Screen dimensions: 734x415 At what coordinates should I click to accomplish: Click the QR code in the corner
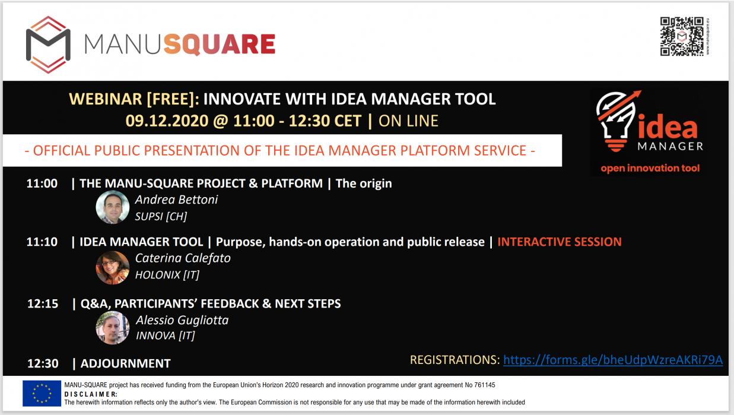(x=682, y=36)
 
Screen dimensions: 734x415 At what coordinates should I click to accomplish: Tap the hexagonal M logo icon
(x=48, y=45)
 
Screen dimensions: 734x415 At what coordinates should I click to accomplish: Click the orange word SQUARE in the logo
(x=220, y=45)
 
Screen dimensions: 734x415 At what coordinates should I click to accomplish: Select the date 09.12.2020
(x=167, y=121)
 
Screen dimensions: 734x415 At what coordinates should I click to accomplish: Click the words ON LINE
(x=408, y=121)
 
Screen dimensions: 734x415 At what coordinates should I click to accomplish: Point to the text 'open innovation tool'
(x=650, y=168)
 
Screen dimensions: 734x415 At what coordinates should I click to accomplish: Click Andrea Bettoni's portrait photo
(x=112, y=207)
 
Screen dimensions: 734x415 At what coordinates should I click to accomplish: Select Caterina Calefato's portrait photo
(x=112, y=268)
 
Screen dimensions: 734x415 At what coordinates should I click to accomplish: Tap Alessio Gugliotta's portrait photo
(x=112, y=328)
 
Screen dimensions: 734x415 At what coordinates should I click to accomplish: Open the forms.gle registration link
(x=613, y=360)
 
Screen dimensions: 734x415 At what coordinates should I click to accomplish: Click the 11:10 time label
(x=42, y=242)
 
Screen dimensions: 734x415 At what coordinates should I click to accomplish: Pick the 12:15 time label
(x=43, y=303)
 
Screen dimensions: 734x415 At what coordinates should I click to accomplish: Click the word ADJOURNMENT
(x=126, y=363)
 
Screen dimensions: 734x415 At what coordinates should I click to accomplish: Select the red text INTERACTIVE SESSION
(x=560, y=242)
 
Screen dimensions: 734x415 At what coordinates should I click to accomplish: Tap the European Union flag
(x=42, y=394)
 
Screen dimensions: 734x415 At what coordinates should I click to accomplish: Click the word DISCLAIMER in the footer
(x=91, y=394)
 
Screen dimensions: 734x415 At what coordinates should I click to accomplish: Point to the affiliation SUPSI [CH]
(x=161, y=216)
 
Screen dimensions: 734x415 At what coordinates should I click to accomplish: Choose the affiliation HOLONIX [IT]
(x=167, y=275)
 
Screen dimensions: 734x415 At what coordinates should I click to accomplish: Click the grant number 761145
(x=484, y=385)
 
